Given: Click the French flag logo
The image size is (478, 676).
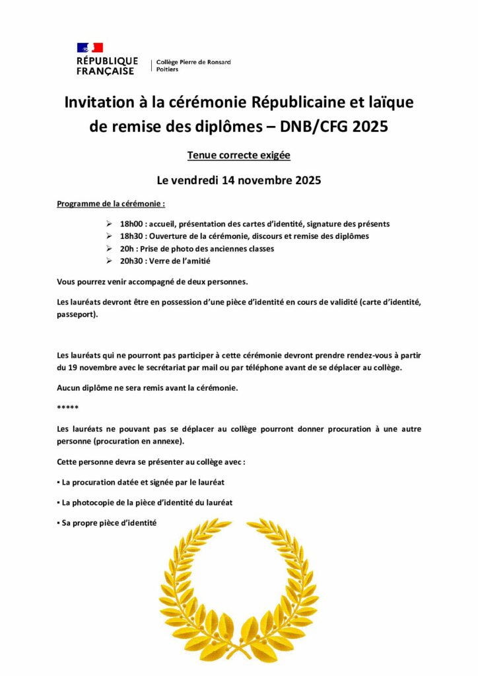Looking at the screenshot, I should click(x=90, y=48).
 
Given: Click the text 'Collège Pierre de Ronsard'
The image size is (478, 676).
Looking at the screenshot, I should click(x=193, y=62).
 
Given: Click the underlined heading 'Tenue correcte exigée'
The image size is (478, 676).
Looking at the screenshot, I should click(x=238, y=156).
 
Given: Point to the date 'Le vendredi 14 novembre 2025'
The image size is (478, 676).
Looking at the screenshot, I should click(x=238, y=180).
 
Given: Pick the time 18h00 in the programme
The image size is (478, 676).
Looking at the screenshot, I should click(x=131, y=224).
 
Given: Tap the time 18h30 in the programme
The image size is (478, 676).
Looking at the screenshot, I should click(x=131, y=236).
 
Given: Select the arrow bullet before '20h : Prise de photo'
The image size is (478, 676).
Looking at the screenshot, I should click(x=109, y=249).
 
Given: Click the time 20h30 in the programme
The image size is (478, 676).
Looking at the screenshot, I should click(x=131, y=261).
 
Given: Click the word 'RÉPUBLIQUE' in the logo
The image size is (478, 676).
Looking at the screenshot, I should click(x=107, y=61).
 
